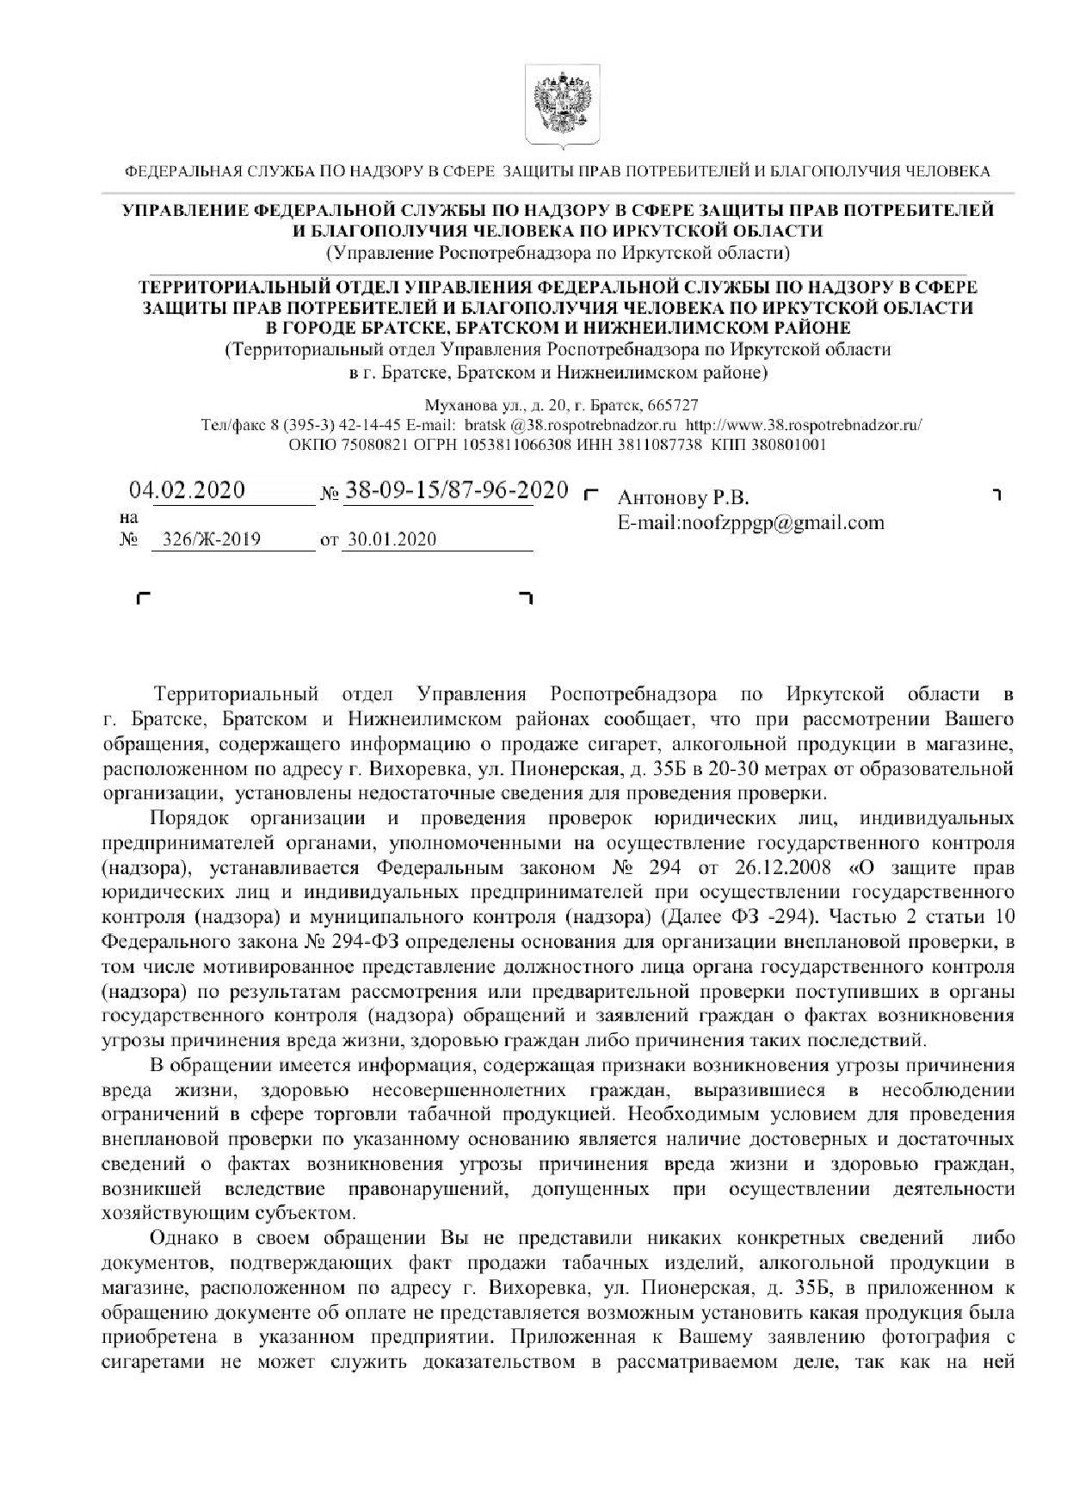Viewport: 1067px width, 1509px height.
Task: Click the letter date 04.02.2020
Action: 187,490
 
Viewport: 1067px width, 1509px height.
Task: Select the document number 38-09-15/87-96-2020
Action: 456,490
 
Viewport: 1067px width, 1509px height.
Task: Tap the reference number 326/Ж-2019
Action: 206,540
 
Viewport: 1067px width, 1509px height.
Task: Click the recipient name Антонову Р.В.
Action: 683,498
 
